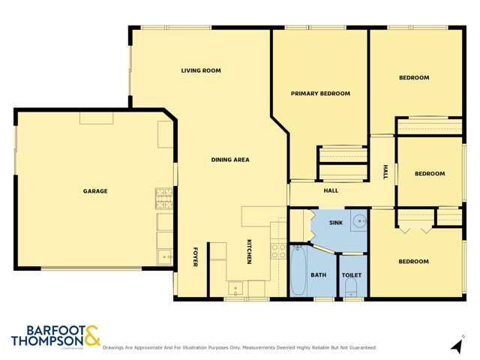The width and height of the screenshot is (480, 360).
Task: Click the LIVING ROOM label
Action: pyautogui.click(x=201, y=70)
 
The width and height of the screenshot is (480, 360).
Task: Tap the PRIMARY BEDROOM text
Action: pyautogui.click(x=320, y=93)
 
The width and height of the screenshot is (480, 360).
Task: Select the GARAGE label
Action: pyautogui.click(x=95, y=191)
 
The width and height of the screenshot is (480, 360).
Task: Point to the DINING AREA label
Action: pyautogui.click(x=229, y=160)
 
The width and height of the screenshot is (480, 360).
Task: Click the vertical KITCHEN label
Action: pyautogui.click(x=249, y=250)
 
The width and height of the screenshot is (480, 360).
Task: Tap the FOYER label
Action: pyautogui.click(x=195, y=256)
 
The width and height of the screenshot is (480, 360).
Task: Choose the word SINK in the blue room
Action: pyautogui.click(x=336, y=223)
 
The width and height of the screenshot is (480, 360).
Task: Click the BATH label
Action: pyautogui.click(x=319, y=275)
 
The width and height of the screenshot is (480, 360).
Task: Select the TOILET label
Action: pyautogui.click(x=352, y=275)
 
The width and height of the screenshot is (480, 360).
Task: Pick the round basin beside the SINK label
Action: pyautogui.click(x=360, y=221)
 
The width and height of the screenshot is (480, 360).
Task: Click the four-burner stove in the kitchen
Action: pyautogui.click(x=278, y=250)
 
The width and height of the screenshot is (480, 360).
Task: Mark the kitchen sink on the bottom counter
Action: pyautogui.click(x=235, y=286)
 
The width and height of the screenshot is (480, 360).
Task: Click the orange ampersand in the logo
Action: pyautogui.click(x=91, y=335)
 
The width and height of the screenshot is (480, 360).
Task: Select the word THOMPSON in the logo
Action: pyautogui.click(x=46, y=341)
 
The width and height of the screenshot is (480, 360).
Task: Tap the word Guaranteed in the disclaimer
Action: pyautogui.click(x=358, y=348)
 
